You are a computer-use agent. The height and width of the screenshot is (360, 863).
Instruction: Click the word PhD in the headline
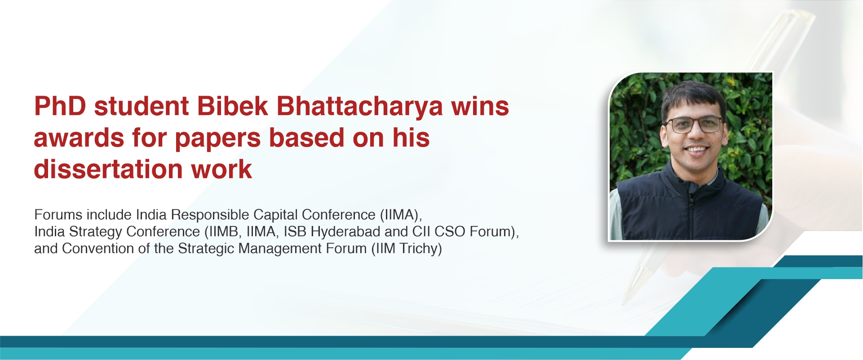[x=60, y=107]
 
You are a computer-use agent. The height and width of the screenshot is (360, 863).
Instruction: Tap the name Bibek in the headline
[x=232, y=107]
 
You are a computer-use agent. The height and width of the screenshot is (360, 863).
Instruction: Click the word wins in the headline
[x=480, y=107]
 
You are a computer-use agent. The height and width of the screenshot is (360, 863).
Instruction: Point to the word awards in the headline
[x=79, y=138]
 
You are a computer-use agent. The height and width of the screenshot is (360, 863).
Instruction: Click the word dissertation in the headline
[x=108, y=169]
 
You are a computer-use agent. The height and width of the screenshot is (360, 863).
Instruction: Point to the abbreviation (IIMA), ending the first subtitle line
[x=401, y=215]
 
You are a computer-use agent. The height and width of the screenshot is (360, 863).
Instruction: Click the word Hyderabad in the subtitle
[x=345, y=232]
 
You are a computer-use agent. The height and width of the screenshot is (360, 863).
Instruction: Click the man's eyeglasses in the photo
[x=694, y=124]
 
